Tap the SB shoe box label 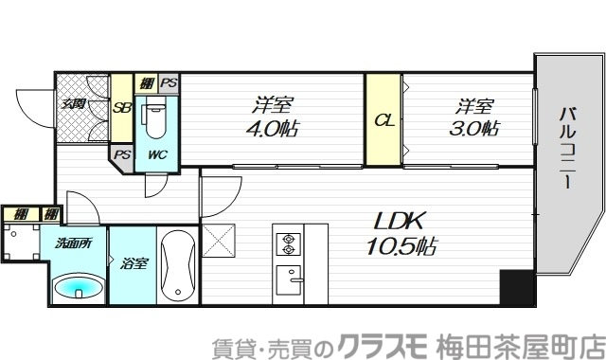122,107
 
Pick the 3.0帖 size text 473,130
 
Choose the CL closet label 383,120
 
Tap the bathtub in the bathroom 177,264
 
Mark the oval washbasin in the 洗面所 77,286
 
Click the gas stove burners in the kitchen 286,244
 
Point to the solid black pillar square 516,287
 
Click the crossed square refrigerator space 218,243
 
